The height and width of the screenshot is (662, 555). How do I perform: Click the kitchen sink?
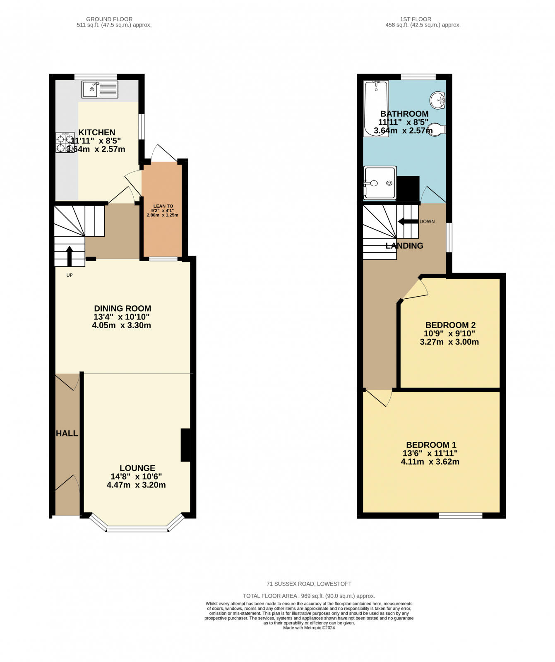point(100,89)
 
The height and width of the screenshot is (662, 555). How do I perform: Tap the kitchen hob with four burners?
point(65,143)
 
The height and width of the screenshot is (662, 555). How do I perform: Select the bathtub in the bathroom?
point(376,108)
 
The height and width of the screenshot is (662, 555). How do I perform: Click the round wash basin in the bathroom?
point(437,100)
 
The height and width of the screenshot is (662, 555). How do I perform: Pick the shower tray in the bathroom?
point(380,182)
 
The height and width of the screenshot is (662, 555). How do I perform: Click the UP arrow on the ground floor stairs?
point(69,256)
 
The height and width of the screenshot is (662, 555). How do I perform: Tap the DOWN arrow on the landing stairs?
point(408,221)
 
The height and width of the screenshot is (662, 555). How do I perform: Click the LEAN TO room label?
point(163,206)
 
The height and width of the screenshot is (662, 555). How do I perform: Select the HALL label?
point(67,433)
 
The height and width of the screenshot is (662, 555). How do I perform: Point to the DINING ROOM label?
point(123,308)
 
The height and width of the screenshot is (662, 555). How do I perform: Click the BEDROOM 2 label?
point(450,325)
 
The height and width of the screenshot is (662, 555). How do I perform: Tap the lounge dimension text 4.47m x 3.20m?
point(136,485)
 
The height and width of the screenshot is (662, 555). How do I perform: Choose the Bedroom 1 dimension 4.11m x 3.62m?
point(430,462)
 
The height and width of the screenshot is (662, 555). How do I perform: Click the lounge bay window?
point(137,528)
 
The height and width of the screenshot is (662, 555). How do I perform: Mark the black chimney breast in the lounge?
point(185,445)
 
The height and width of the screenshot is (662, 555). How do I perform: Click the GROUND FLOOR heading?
point(109,19)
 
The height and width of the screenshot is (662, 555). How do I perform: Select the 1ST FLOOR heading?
point(416,19)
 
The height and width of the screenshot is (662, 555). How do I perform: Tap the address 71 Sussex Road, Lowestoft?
point(309,584)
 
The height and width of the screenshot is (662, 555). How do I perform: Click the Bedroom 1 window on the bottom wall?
point(461,516)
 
